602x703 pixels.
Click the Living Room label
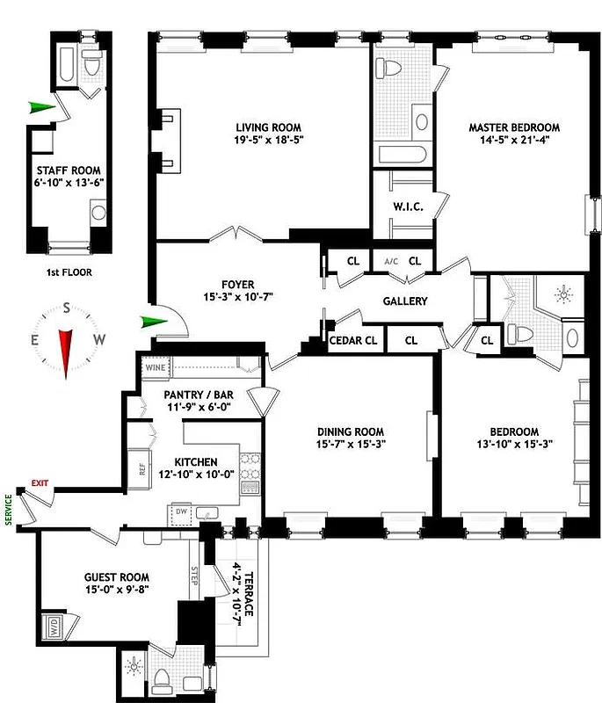tap(263, 126)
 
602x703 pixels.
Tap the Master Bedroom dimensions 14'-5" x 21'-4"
tap(513, 141)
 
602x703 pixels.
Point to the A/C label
tap(389, 261)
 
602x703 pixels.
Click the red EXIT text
tap(40, 482)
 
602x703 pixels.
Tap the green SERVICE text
tap(10, 508)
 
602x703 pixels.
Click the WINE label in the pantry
tap(155, 368)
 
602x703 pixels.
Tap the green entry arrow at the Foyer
tap(153, 322)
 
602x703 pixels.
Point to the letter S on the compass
tap(67, 308)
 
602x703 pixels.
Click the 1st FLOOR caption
tap(69, 272)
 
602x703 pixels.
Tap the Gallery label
tap(405, 301)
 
